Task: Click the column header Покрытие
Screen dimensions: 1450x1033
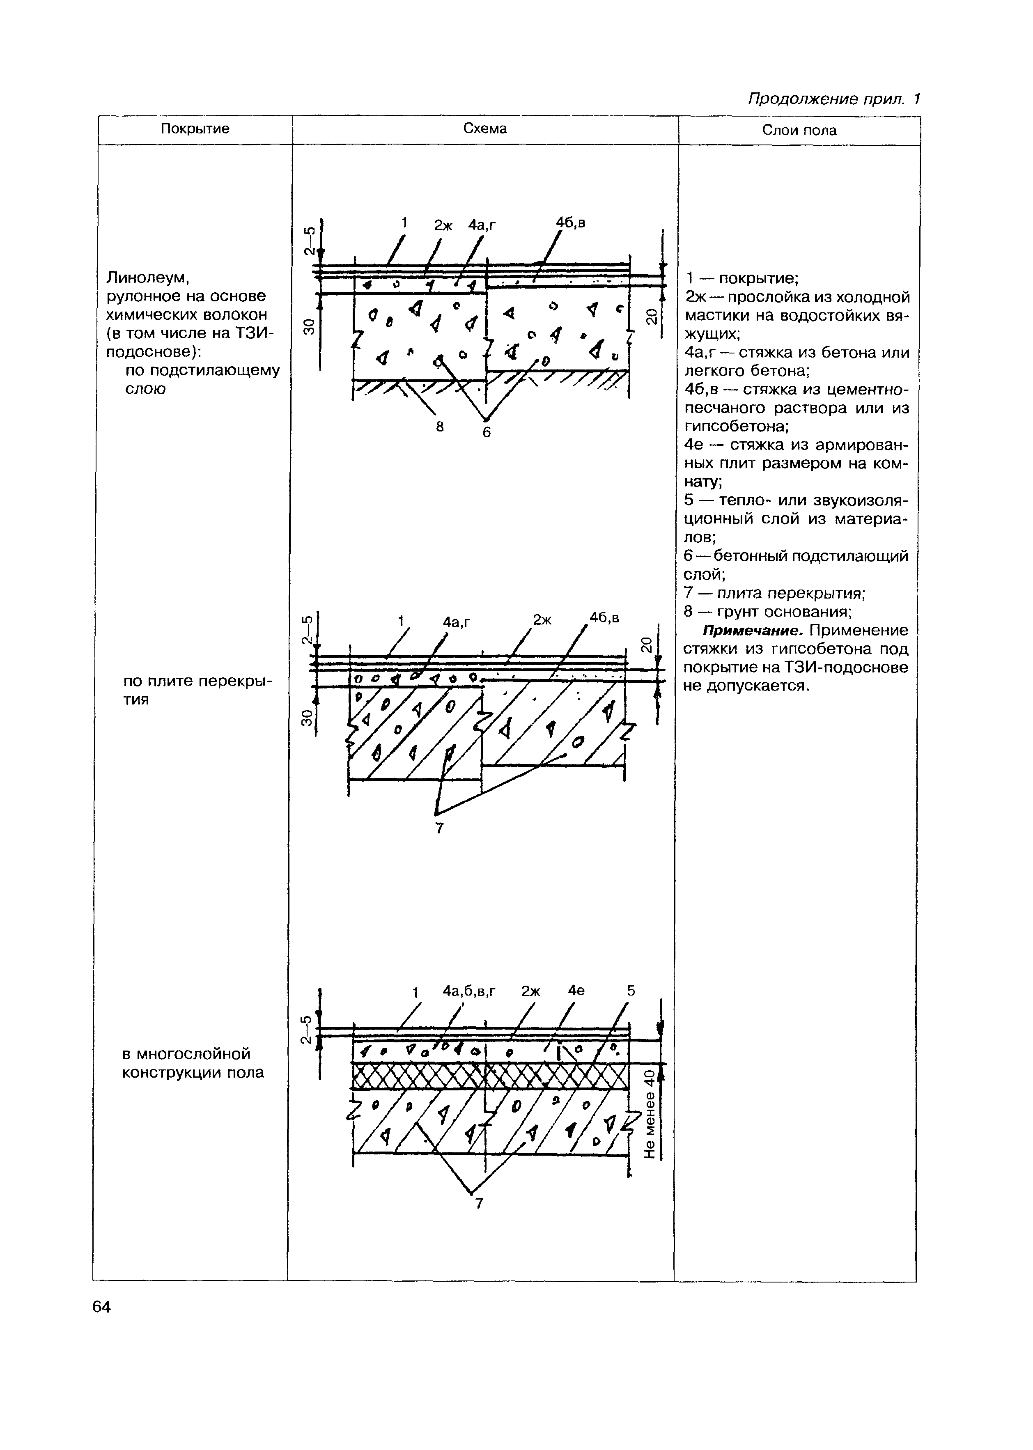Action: point(195,129)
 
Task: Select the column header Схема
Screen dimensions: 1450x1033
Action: point(485,128)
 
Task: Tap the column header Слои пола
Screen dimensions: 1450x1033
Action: point(799,131)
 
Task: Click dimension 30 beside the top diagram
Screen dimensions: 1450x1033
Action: point(308,327)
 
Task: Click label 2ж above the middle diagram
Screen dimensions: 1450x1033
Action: point(542,619)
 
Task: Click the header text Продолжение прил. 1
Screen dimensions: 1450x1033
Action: point(834,99)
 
